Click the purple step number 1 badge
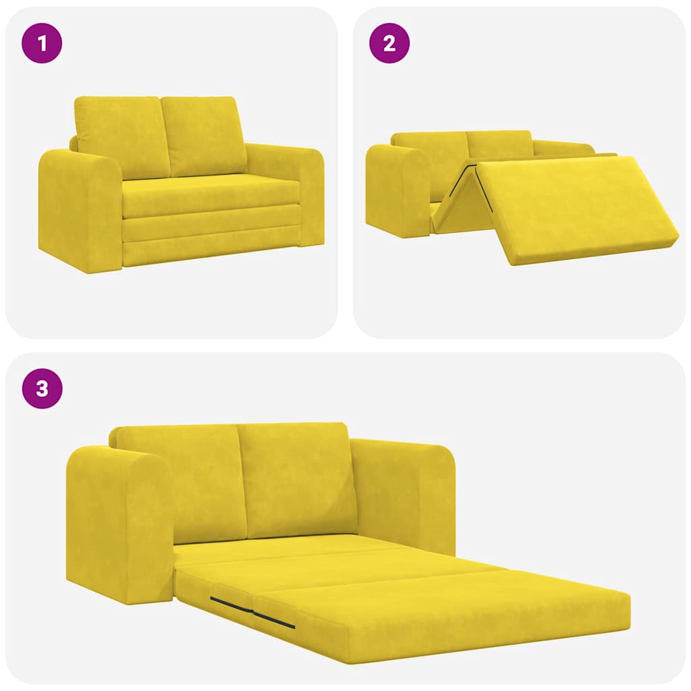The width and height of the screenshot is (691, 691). pos(42,44)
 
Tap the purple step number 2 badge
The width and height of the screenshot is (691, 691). pos(389,44)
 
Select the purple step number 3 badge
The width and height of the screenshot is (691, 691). pos(42,389)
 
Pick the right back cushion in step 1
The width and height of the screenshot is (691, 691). pos(204,135)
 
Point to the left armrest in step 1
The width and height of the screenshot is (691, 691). pos(80,209)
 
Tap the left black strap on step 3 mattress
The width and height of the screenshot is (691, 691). pos(230,605)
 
